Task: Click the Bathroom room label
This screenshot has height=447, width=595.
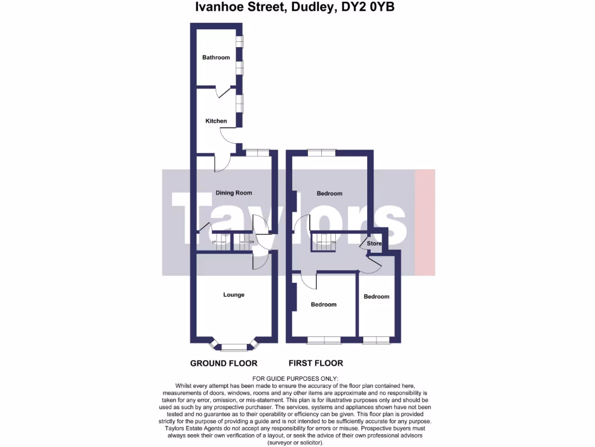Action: [216, 58]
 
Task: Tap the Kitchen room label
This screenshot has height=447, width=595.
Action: [216, 121]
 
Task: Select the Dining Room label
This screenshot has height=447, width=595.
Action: [234, 193]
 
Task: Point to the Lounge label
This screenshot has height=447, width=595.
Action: [234, 295]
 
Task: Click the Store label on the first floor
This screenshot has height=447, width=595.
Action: [375, 243]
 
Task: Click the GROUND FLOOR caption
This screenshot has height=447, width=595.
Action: [224, 363]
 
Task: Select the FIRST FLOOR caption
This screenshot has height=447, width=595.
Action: [316, 363]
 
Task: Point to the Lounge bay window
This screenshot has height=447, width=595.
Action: [234, 347]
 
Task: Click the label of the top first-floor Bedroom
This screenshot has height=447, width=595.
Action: [329, 193]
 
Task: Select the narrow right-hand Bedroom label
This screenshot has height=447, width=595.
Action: [376, 297]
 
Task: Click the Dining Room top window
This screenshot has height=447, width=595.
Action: [257, 152]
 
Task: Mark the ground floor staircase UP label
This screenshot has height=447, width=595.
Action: [214, 242]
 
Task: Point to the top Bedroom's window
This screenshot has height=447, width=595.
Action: [321, 152]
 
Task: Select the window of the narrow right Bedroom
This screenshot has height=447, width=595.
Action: [376, 339]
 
